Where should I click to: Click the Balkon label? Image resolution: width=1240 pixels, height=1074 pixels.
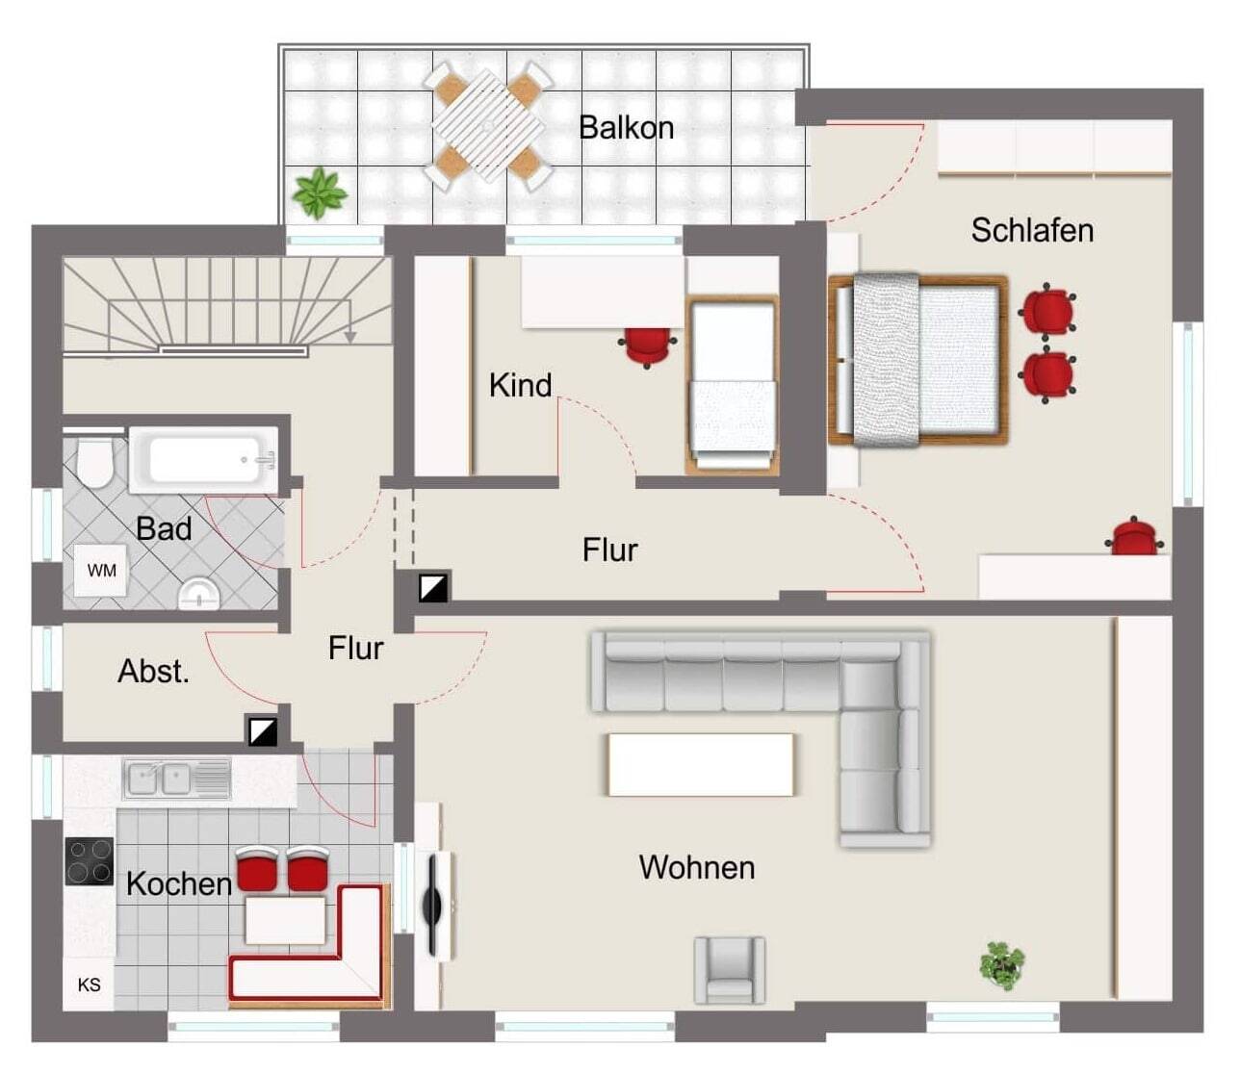coord(627,128)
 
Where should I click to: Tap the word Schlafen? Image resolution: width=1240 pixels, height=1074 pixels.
coord(1032,230)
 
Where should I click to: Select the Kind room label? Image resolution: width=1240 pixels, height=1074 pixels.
coord(520,385)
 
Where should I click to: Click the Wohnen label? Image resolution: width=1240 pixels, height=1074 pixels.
coord(696,867)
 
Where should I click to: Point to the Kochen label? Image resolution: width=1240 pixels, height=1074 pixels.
coord(179,883)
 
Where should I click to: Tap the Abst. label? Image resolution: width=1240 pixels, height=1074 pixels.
coord(154,671)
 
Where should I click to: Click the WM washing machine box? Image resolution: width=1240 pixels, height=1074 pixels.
coord(100,571)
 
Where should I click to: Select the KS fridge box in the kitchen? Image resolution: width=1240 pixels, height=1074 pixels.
coord(89,984)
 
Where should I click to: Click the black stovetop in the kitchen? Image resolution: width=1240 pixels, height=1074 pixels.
coord(90,861)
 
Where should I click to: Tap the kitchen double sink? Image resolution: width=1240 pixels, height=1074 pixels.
coord(176,780)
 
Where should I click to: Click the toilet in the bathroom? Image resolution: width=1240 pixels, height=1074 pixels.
coord(94,463)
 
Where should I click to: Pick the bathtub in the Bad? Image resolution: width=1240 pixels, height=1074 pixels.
coord(204,460)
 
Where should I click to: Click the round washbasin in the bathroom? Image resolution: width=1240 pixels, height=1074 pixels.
coord(199,594)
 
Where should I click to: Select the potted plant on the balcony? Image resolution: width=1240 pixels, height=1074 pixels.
coord(319,193)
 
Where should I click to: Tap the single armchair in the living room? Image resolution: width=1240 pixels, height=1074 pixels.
coord(730,970)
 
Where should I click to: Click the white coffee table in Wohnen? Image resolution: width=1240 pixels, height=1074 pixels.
coord(701,764)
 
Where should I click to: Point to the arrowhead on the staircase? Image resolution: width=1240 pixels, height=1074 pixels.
coord(349,337)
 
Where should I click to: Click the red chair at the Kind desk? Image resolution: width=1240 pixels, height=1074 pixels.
coord(647,346)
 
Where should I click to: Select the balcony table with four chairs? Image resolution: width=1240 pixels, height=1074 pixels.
coord(488,126)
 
